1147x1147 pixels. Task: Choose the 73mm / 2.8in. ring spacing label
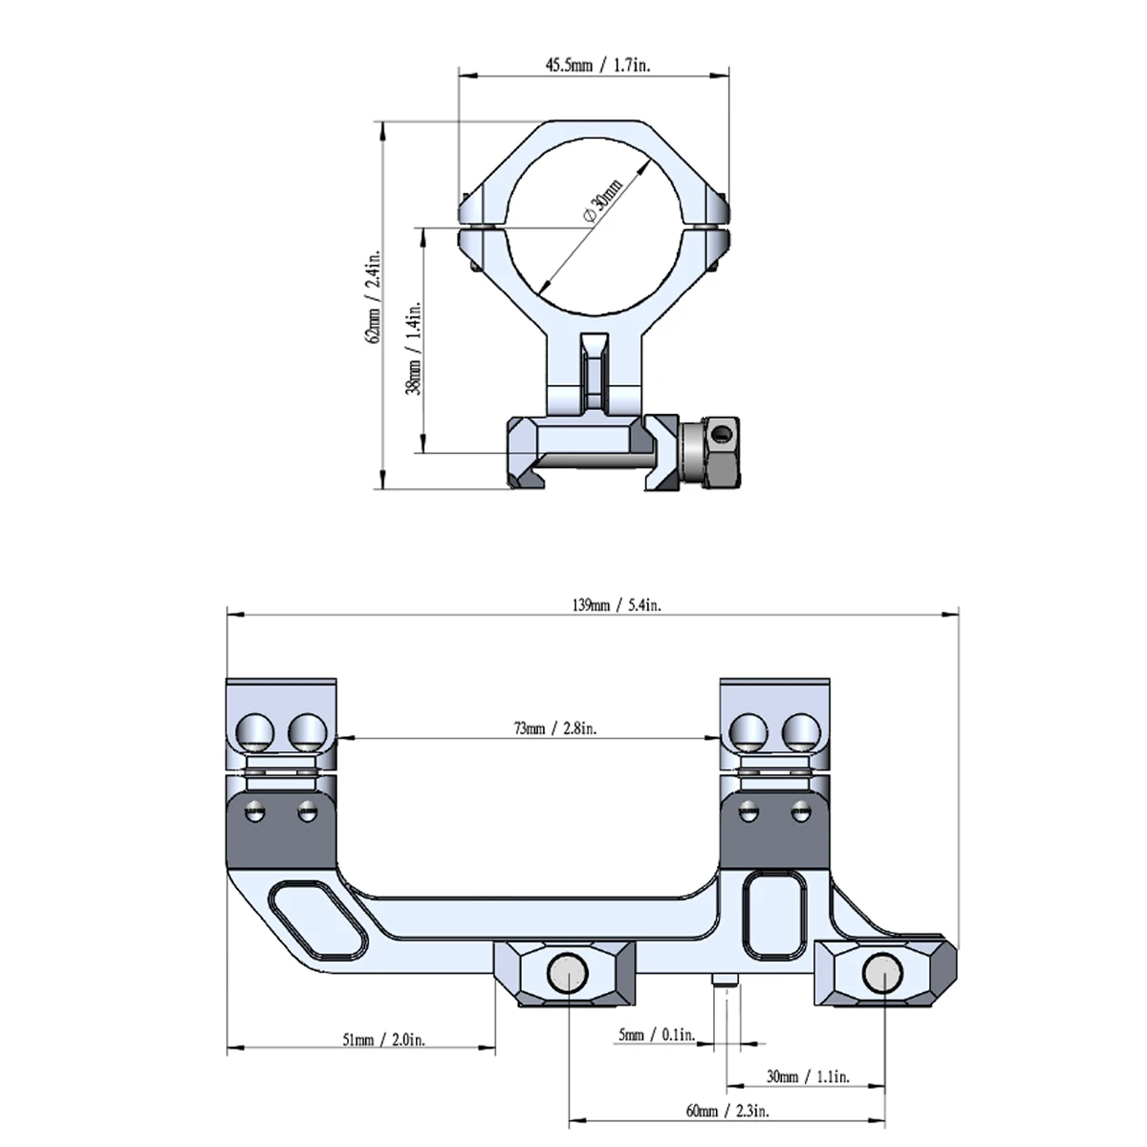point(555,728)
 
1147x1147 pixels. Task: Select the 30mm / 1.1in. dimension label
point(807,1077)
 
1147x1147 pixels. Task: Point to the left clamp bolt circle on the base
point(568,974)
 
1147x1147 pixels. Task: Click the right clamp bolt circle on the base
point(880,974)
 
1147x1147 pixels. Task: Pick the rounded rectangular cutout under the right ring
point(775,913)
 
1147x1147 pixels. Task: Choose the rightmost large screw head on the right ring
point(802,732)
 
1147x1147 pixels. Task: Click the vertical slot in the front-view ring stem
point(595,373)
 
